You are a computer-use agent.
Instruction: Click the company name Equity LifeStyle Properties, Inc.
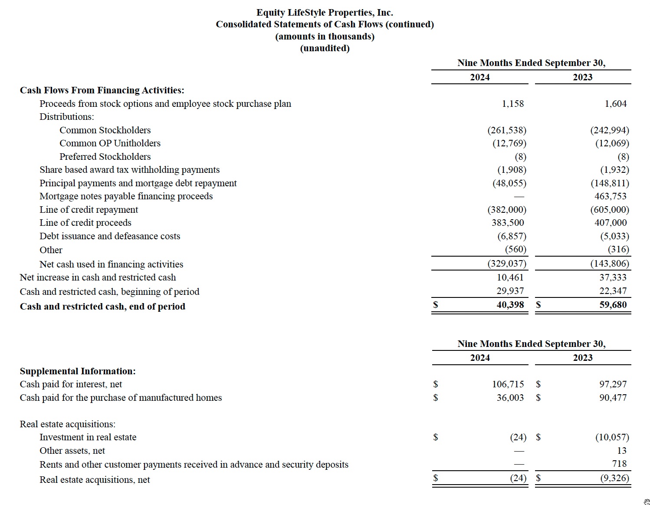325,13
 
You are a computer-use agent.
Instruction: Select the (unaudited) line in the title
325,48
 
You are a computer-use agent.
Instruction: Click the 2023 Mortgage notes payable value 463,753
611,196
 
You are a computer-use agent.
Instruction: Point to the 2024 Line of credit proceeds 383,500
508,223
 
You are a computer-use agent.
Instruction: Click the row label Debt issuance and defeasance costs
110,236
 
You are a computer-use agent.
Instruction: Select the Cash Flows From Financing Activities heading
102,90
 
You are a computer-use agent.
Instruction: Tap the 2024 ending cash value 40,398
510,305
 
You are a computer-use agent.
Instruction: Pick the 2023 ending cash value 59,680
613,305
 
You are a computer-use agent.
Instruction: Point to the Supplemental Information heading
78,371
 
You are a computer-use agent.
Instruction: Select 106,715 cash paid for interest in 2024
508,384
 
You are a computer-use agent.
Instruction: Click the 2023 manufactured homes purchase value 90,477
613,398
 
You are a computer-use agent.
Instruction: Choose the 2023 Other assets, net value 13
621,451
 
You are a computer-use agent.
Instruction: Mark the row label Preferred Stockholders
105,157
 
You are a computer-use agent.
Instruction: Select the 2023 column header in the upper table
582,77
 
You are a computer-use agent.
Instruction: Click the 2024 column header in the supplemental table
480,358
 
